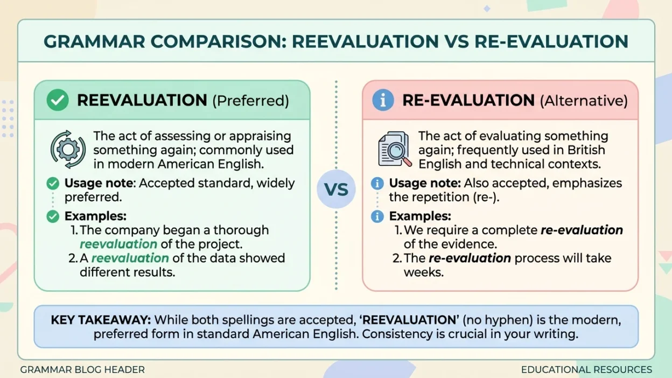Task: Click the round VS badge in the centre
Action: coord(336,189)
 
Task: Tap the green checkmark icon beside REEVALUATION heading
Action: coord(58,100)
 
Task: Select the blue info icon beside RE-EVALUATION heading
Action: coord(383,100)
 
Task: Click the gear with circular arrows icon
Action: coord(68,149)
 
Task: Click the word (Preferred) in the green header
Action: coord(250,101)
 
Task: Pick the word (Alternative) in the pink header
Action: coord(584,101)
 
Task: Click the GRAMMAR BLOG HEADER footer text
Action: coord(82,370)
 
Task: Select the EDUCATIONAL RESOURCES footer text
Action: coord(586,370)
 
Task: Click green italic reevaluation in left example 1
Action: coord(118,244)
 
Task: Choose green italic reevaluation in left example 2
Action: coord(130,258)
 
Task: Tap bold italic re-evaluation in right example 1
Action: coord(582,230)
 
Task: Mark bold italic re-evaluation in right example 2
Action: coord(470,258)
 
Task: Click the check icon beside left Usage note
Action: coord(53,184)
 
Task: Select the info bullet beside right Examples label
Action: coord(377,216)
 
